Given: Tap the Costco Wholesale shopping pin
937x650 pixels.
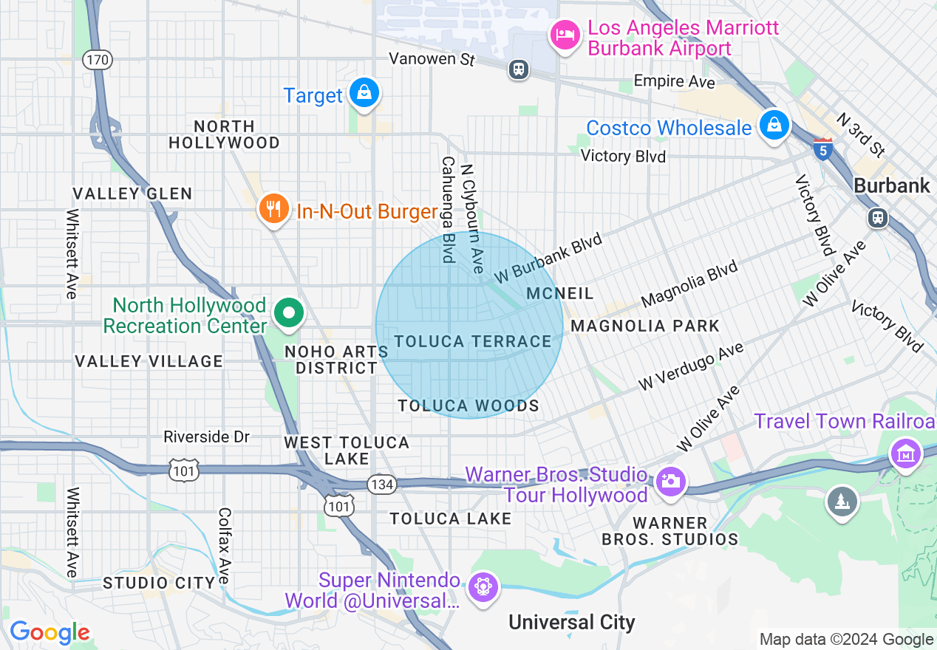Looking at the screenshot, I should click(x=774, y=126).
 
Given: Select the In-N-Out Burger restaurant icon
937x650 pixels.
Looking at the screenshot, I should click(x=273, y=210).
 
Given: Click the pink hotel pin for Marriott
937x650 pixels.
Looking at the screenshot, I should click(x=565, y=35).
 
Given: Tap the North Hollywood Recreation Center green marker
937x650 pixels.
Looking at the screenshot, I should click(x=290, y=313).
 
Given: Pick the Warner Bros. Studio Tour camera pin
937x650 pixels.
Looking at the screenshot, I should click(x=671, y=482).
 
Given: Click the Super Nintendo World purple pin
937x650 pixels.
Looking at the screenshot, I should click(x=483, y=587).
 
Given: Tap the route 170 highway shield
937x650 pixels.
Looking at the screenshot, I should click(x=98, y=59).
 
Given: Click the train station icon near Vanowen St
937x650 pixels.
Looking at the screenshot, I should click(x=519, y=69).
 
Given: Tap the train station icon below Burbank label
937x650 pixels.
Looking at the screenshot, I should click(x=877, y=217).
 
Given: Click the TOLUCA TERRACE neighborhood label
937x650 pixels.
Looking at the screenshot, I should click(x=473, y=341).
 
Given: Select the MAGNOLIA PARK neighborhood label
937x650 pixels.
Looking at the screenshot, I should click(x=645, y=326).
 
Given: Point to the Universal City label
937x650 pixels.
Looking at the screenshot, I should click(x=571, y=622).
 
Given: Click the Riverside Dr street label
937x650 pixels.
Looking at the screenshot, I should click(x=207, y=437).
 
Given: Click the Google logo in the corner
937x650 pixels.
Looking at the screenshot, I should click(x=50, y=632).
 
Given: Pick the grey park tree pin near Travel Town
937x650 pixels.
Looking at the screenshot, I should click(x=842, y=502).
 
